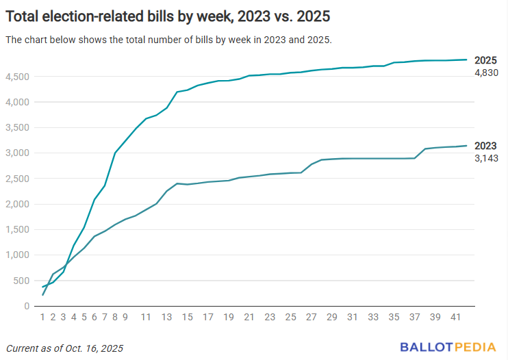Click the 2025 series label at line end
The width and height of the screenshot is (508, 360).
[485, 60]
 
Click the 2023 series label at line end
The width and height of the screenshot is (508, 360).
[485, 146]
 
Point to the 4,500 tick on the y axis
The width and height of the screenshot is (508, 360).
[18, 77]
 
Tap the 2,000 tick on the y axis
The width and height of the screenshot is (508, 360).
[18, 204]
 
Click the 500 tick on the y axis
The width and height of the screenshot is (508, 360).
[22, 281]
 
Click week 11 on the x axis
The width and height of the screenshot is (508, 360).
[146, 317]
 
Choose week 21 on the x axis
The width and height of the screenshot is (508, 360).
[249, 317]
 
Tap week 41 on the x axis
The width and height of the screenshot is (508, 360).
[456, 317]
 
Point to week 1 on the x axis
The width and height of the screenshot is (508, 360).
[42, 317]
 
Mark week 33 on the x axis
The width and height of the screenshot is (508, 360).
[373, 317]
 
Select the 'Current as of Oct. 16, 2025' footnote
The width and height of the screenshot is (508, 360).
[65, 348]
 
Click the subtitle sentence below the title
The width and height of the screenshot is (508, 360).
[168, 40]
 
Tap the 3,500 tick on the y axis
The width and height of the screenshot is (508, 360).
[18, 128]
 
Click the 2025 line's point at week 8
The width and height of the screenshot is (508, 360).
[115, 153]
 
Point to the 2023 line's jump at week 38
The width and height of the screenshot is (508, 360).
[425, 149]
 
